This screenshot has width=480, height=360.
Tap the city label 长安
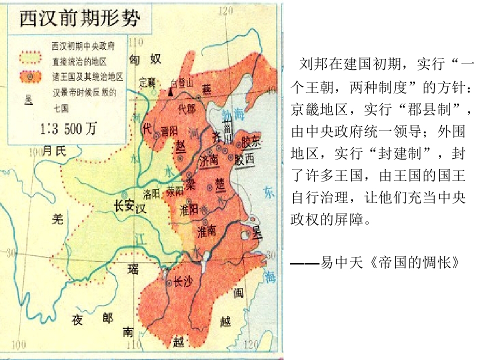[124, 204]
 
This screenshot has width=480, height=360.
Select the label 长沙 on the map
[182, 283]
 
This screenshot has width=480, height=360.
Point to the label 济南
[208, 160]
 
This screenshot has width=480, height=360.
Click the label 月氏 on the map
[53, 150]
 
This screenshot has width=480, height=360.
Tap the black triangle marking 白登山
[171, 92]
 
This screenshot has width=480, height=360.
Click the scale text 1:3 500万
[67, 129]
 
